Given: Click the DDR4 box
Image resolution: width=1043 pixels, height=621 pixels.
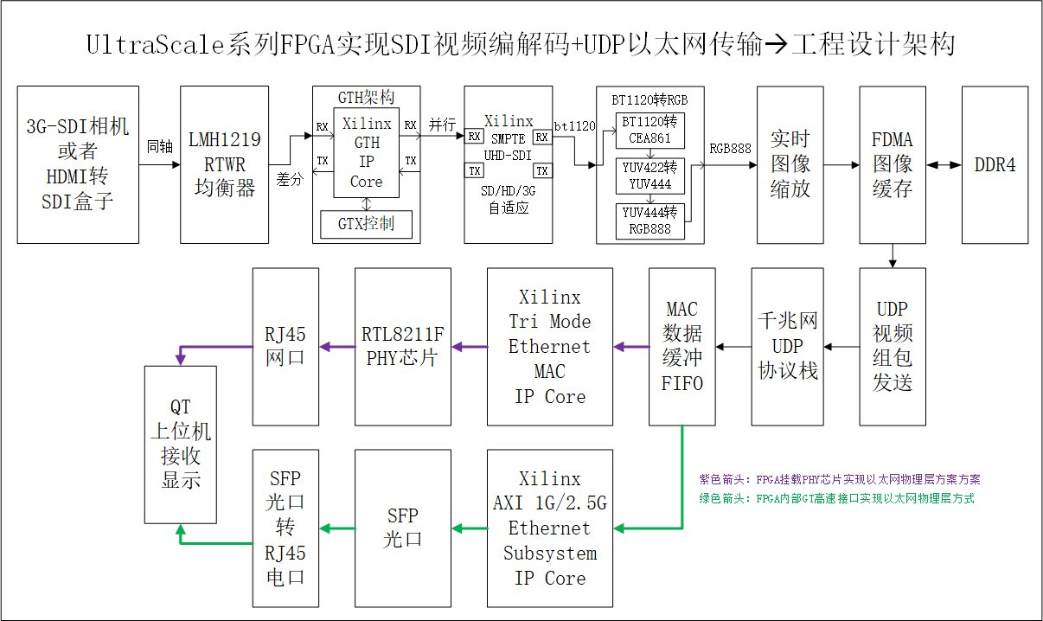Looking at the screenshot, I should click(x=995, y=164).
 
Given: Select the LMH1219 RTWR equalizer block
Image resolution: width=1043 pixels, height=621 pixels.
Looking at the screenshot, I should click(x=224, y=164).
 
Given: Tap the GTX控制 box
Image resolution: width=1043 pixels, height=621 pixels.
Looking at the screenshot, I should click(x=366, y=224).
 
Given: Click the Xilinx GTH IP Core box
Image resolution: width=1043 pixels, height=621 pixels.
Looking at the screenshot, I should click(x=366, y=153).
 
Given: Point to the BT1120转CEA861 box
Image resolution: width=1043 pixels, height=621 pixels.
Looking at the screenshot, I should click(x=650, y=130).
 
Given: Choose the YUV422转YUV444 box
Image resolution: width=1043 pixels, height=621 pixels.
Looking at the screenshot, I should click(x=650, y=176).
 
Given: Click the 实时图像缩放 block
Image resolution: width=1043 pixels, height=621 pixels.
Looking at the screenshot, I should click(x=790, y=164).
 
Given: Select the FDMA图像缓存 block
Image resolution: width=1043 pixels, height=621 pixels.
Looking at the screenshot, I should click(x=892, y=164).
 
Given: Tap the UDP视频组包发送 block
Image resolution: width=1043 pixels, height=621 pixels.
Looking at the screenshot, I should click(x=892, y=346).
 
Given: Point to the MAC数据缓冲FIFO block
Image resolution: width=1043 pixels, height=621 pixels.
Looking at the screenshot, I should click(x=682, y=346).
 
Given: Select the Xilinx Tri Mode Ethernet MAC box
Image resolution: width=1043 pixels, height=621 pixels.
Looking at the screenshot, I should click(x=549, y=346).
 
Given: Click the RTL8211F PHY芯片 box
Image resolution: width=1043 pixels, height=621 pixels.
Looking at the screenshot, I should click(x=403, y=346).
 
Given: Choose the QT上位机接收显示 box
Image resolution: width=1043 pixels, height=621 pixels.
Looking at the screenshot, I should click(x=180, y=444).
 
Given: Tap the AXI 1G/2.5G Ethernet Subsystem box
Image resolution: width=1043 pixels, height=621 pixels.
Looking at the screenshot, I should click(x=549, y=528).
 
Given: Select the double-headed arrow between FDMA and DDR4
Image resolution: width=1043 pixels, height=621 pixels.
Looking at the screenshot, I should click(x=944, y=164).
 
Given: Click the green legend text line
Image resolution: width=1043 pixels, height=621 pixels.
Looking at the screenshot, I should click(x=836, y=498).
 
